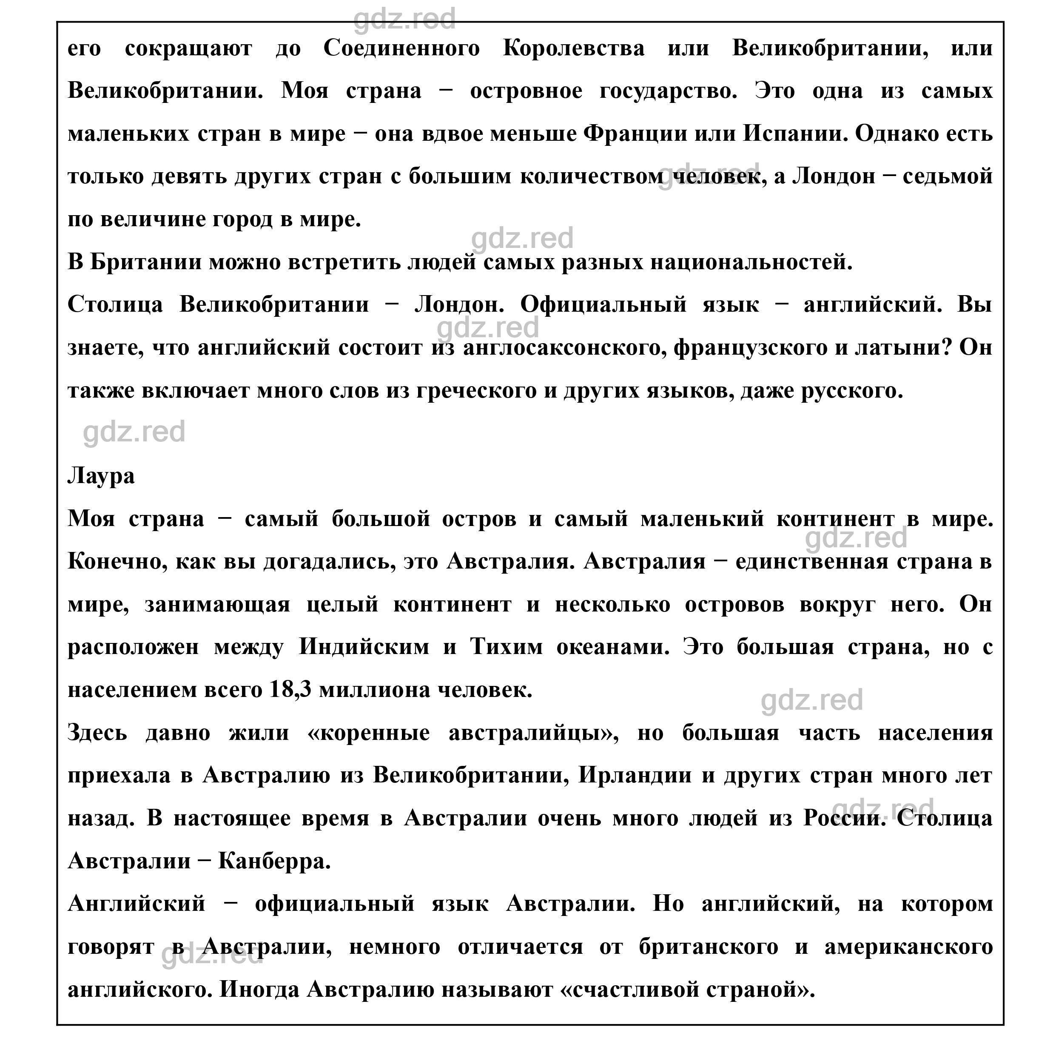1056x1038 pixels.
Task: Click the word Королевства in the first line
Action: [x=574, y=48]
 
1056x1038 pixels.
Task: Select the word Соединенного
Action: [x=402, y=48]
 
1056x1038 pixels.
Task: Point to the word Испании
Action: [x=791, y=134]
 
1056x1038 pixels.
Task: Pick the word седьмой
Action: [x=948, y=176]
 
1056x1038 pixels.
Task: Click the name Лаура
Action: [x=101, y=476]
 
